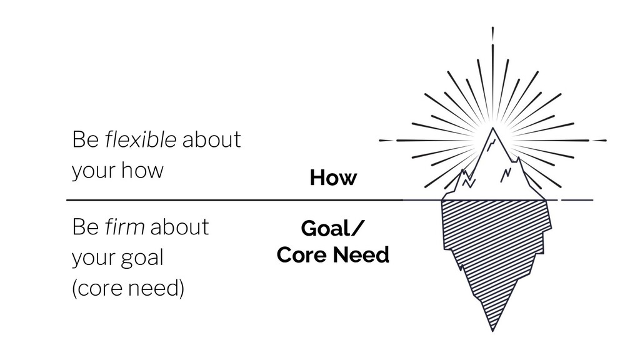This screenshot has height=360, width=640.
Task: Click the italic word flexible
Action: pos(141,139)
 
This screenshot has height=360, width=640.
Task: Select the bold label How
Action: pos(333,177)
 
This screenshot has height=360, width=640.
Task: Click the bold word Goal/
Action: pos(331,229)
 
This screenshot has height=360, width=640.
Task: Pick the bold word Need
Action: pos(361,255)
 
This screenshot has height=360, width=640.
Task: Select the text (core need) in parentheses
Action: pos(128,287)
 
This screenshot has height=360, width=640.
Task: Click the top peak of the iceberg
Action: pos(492,128)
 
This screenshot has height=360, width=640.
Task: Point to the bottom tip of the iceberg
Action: pos(492,331)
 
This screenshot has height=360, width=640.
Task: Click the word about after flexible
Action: pos(211,139)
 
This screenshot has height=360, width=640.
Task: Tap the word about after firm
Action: pos(179,226)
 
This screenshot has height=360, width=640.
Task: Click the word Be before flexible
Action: pos(85,139)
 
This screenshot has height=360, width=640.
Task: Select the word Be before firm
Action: pos(85,226)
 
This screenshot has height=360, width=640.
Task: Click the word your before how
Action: pos(94,171)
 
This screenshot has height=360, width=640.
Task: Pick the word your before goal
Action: pos(94,259)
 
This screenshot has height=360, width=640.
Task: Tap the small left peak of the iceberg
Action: pos(464,171)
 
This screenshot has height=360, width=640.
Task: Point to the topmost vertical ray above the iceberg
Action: pos(492,34)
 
